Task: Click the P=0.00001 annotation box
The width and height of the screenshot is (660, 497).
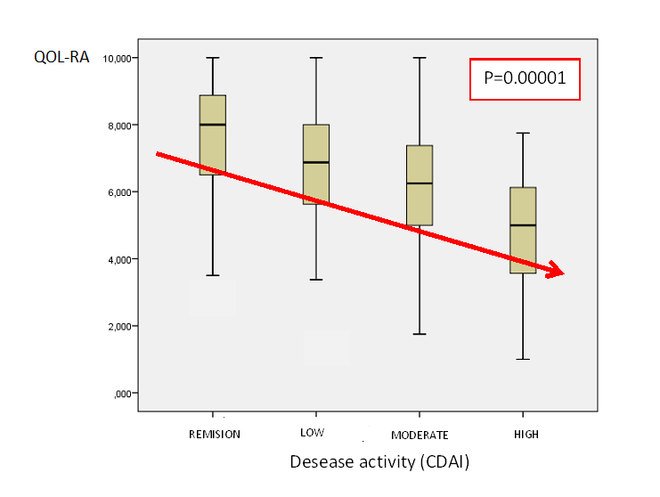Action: [x=525, y=78]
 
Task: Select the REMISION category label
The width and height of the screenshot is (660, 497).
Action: [x=214, y=435]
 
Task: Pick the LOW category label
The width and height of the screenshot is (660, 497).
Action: [x=313, y=433]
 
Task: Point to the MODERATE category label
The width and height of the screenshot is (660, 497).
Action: [x=420, y=435]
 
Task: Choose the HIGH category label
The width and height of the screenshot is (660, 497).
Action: [x=526, y=435]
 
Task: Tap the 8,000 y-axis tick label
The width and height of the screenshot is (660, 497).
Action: [x=118, y=126]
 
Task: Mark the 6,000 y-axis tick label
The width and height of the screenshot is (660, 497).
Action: [x=118, y=192]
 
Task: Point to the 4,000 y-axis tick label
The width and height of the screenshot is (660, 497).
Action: [x=118, y=259]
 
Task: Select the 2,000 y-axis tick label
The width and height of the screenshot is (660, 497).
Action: [x=118, y=326]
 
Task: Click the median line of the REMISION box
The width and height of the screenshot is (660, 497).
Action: [x=213, y=125]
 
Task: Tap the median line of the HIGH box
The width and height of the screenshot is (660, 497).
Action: [x=523, y=225]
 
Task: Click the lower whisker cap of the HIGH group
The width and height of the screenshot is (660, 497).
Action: [x=523, y=359]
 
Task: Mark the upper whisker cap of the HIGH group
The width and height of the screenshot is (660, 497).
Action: [x=523, y=133]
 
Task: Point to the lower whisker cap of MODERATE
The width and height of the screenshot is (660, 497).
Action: [x=420, y=334]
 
